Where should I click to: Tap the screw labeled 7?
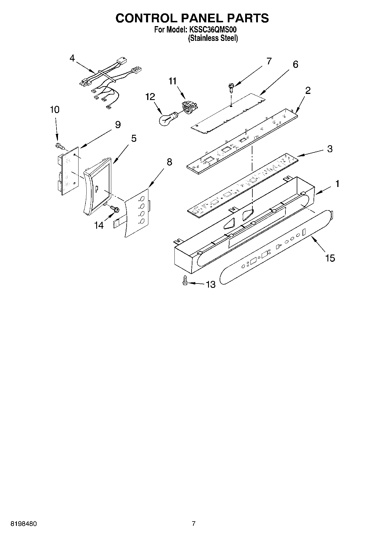pyautogui.click(x=231, y=86)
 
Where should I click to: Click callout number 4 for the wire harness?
pyautogui.click(x=72, y=58)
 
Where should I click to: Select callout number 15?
pyautogui.click(x=330, y=258)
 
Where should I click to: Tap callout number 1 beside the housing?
pyautogui.click(x=337, y=183)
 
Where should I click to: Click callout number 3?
pyautogui.click(x=330, y=149)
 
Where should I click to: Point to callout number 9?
pyautogui.click(x=118, y=125)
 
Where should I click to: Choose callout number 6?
pyautogui.click(x=295, y=64)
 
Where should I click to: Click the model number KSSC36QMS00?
pyautogui.click(x=215, y=30)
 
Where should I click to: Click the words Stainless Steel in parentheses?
pyautogui.click(x=213, y=38)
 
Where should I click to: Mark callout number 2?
pyautogui.click(x=308, y=90)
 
